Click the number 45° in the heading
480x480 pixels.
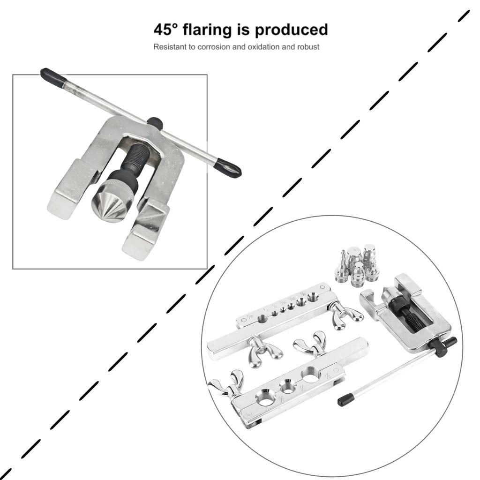click(166, 30)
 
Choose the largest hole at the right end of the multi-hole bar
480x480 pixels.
click(313, 296)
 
